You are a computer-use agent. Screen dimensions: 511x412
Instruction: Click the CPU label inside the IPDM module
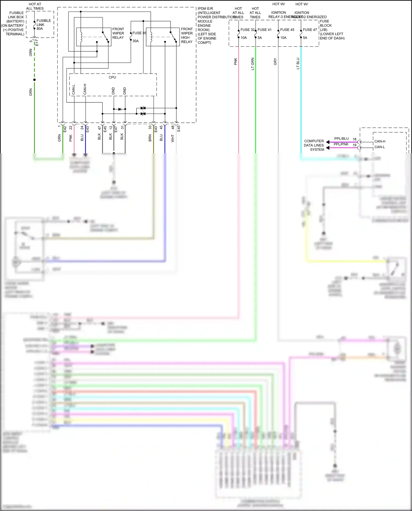point(112,77)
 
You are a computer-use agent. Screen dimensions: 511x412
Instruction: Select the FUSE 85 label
point(139,33)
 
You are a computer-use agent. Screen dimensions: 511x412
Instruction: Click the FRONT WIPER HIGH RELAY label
point(187,35)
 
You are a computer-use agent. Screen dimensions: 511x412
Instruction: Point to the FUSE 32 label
point(247,30)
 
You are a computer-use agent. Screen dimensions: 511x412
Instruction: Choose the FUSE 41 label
point(265,30)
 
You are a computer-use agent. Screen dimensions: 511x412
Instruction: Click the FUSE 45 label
point(287,30)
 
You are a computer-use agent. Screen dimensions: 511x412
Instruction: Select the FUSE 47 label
point(310,30)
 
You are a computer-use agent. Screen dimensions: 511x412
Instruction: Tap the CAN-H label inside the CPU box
point(85,90)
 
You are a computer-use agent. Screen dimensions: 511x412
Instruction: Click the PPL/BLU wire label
point(341,139)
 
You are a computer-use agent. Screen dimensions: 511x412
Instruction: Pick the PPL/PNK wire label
point(341,144)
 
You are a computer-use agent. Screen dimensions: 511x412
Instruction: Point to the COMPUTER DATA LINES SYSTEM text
point(314,145)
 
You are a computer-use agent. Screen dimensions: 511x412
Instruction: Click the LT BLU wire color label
point(298,63)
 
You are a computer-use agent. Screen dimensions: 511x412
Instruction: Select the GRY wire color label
point(275,62)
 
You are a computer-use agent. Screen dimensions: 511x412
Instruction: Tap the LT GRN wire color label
point(253,64)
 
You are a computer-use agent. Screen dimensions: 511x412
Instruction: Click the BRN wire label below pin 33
point(150,138)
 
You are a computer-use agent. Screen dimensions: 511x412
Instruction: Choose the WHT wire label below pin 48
point(173,138)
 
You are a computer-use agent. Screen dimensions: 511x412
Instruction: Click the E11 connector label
point(37,43)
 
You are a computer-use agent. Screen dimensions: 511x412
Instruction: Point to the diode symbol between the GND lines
point(119,109)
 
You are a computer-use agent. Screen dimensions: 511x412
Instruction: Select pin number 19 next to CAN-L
point(354,145)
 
